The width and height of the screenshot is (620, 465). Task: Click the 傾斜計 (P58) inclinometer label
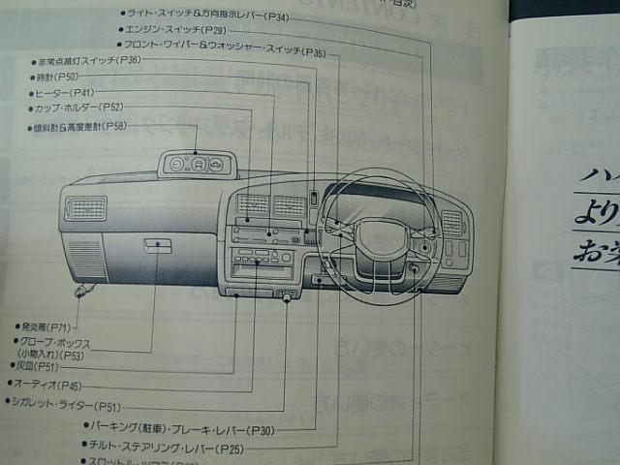(x=79, y=127)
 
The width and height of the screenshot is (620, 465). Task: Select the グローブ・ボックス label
(x=59, y=342)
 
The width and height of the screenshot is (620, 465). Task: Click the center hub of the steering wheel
(x=374, y=235)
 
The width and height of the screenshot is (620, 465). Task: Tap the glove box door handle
(x=158, y=246)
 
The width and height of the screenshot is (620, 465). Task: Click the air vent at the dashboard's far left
(x=86, y=208)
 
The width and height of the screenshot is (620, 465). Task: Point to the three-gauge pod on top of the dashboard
(x=197, y=164)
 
